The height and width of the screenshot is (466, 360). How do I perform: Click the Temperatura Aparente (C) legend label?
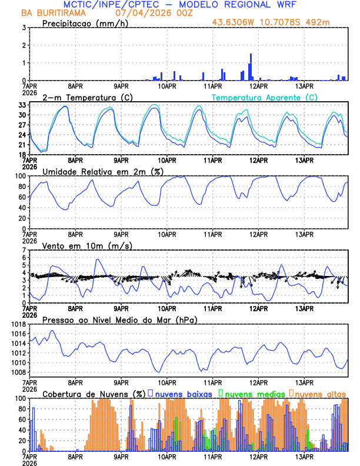pos(264,97)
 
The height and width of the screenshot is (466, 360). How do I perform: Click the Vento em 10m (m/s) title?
pos(87,245)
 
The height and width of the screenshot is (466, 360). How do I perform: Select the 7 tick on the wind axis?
pos(24,250)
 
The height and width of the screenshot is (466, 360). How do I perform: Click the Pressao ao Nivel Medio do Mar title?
pos(119,319)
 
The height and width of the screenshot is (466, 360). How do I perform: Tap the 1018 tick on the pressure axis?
pos(18,324)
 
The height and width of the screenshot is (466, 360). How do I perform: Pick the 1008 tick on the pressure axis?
pos(18,372)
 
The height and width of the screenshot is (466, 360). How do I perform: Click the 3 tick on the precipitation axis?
pos(24,28)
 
